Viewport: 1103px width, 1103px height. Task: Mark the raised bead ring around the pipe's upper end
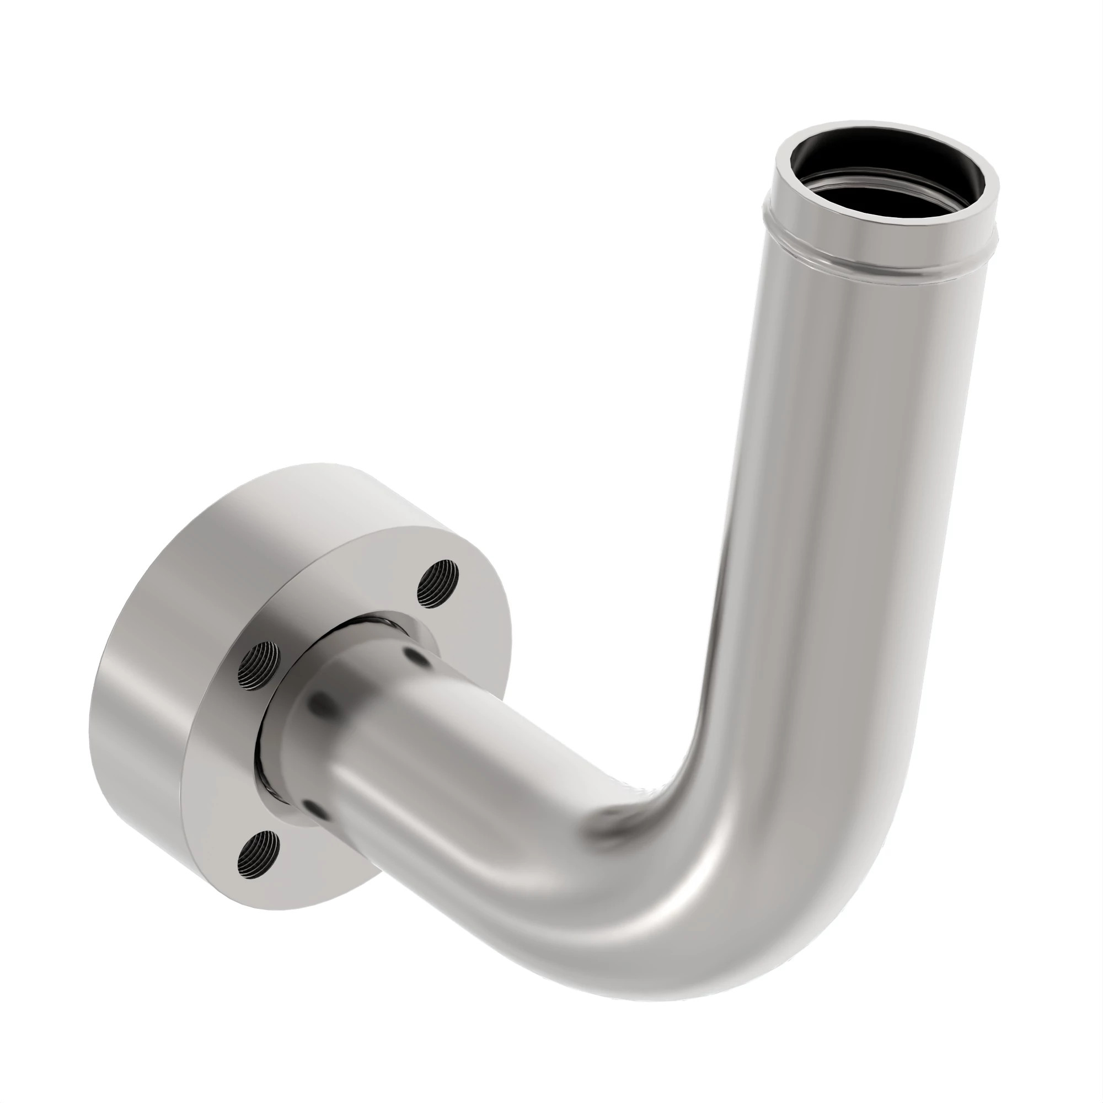point(882,260)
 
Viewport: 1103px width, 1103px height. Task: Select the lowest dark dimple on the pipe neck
point(312,805)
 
